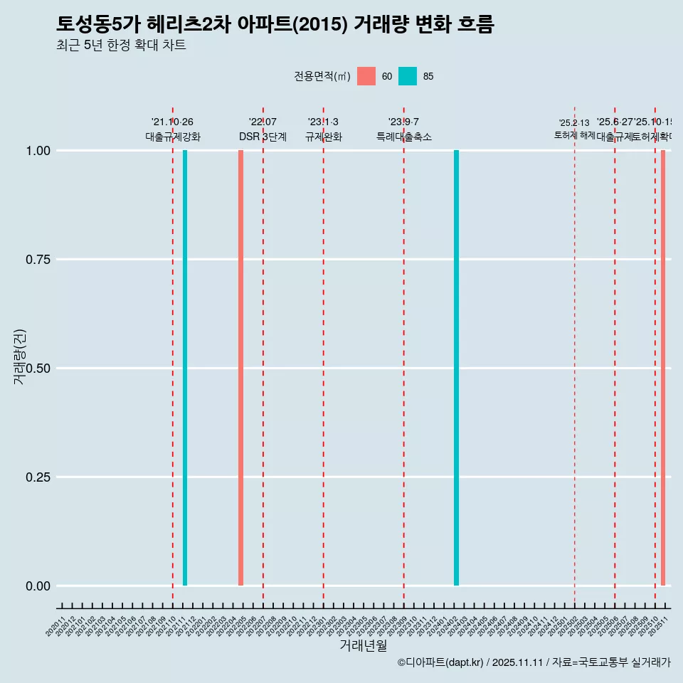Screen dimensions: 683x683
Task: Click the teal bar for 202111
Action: tap(185, 368)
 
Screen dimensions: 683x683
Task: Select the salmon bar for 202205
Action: tap(241, 368)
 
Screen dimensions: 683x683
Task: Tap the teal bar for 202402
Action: tap(456, 368)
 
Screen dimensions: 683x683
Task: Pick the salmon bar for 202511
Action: tap(663, 368)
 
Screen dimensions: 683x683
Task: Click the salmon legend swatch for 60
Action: tap(366, 76)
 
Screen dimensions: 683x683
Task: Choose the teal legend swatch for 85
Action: tap(408, 76)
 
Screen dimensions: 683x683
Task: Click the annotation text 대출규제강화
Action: tap(173, 137)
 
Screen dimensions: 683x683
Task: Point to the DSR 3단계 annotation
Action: tap(263, 137)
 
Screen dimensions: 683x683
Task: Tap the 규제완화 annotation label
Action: tap(324, 137)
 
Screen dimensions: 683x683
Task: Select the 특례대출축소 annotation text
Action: tap(404, 137)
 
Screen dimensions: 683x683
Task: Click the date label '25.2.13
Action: tap(574, 123)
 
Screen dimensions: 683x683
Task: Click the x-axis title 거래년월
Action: tap(363, 646)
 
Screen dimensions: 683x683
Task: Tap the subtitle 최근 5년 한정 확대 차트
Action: tap(121, 46)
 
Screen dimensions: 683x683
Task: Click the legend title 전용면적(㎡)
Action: tap(322, 76)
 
